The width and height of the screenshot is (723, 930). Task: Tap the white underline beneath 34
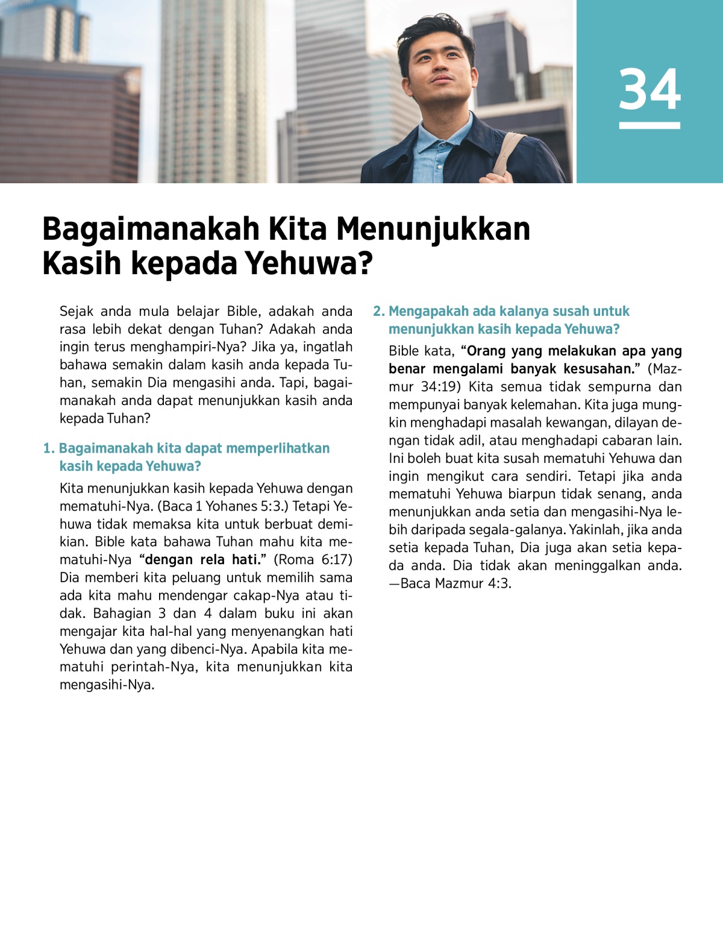point(649,125)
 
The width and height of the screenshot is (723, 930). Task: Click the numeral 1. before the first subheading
point(49,448)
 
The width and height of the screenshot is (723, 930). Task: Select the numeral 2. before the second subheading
point(378,312)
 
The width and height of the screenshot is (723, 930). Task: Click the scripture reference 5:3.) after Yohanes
point(269,506)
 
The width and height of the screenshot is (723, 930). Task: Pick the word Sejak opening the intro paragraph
point(77,312)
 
